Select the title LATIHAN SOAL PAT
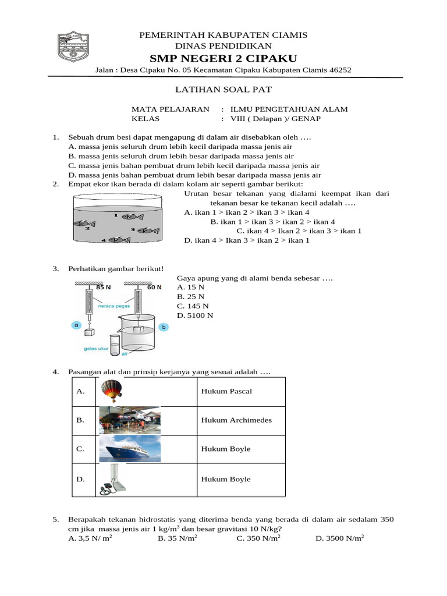click(223, 90)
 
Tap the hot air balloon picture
click(111, 391)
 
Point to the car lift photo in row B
click(129, 420)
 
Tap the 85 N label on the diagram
click(104, 287)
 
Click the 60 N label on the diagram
click(154, 287)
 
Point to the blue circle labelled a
click(76, 326)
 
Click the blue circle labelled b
click(164, 328)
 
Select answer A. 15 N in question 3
click(191, 288)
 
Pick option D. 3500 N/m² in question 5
click(339, 538)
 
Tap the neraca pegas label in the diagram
click(113, 304)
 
